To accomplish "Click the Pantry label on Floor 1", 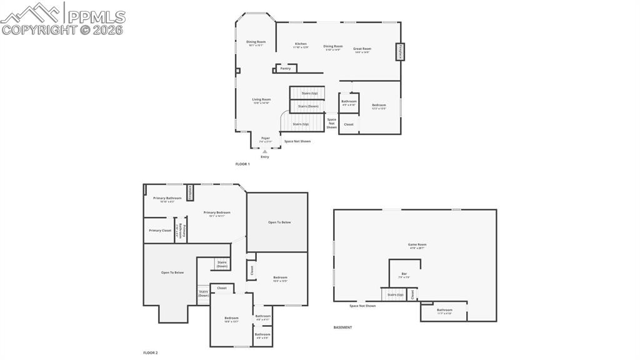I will point(285,68).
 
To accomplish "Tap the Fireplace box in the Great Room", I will point(400,52).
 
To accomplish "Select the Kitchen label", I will point(301,44).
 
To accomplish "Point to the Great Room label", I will point(362,49).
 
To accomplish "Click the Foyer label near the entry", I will point(266,138).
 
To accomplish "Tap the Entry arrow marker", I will point(265,151).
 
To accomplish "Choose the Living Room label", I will point(261,100).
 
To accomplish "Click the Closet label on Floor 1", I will point(349,124).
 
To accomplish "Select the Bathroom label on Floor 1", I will point(349,101).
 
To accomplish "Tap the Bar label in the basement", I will point(404,274).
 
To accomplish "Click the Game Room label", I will point(417,245).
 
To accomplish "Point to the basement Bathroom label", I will point(444,310).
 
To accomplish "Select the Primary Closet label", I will point(160,231).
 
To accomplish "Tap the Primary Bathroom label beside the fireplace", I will point(167,198).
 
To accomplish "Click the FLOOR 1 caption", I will point(242,164).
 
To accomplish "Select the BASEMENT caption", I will point(342,327).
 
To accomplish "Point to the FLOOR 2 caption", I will point(150,352).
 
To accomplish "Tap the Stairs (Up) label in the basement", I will point(396,294).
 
